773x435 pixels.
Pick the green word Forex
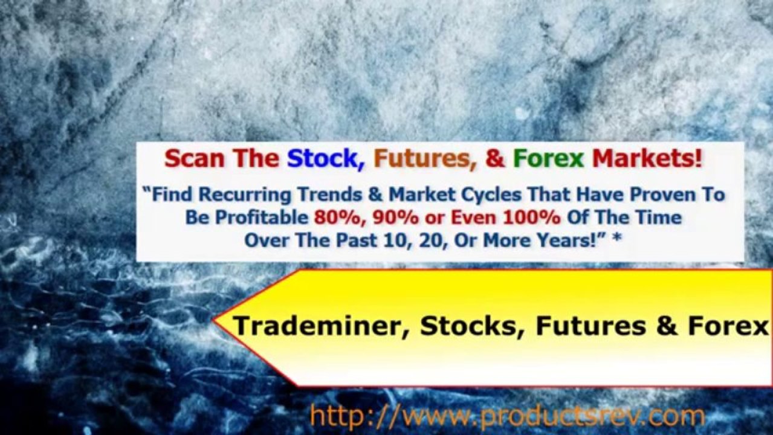tap(548, 159)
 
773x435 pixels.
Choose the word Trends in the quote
tap(327, 195)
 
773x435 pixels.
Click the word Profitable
tap(268, 217)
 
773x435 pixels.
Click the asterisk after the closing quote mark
tap(616, 239)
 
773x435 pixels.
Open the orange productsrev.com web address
tap(506, 416)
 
